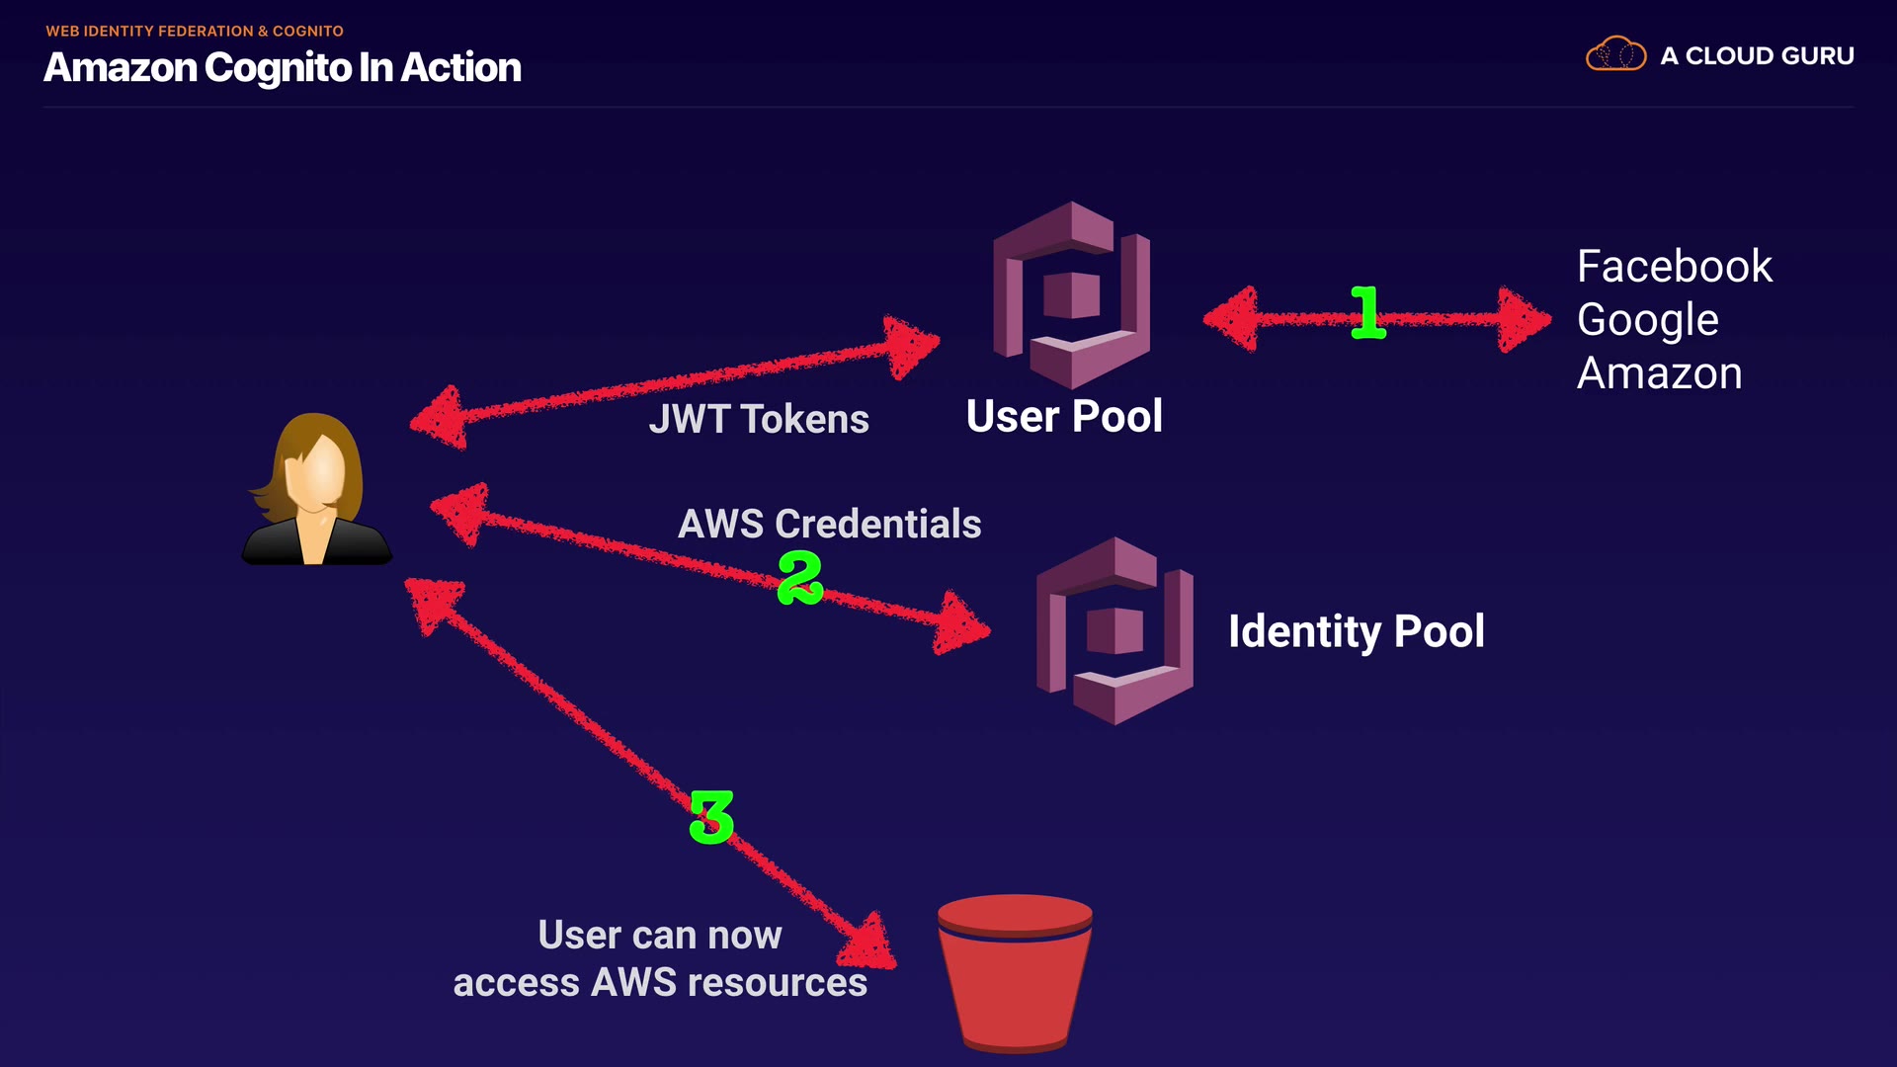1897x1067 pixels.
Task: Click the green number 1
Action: pos(1367,313)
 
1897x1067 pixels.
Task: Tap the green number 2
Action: pos(799,577)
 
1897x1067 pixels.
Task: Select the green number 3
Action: pos(711,817)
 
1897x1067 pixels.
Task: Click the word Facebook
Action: pos(1674,267)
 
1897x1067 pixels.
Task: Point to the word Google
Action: pos(1647,320)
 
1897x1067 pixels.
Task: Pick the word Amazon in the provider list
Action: pos(1659,373)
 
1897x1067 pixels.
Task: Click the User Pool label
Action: pos(1064,416)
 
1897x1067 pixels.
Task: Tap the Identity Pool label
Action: pos(1356,631)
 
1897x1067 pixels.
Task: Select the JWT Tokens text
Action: pos(758,419)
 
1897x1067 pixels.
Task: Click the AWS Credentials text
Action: pos(829,524)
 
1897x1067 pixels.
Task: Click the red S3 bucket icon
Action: pos(1015,972)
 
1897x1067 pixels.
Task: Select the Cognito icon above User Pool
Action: pos(1071,294)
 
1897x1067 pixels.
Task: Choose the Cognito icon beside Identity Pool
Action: pos(1114,630)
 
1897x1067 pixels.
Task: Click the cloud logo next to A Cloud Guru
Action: pos(1615,54)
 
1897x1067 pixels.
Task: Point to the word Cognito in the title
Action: pos(278,68)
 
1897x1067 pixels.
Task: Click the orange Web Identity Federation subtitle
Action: pos(195,31)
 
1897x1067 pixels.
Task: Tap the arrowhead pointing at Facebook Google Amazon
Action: pos(1523,318)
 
